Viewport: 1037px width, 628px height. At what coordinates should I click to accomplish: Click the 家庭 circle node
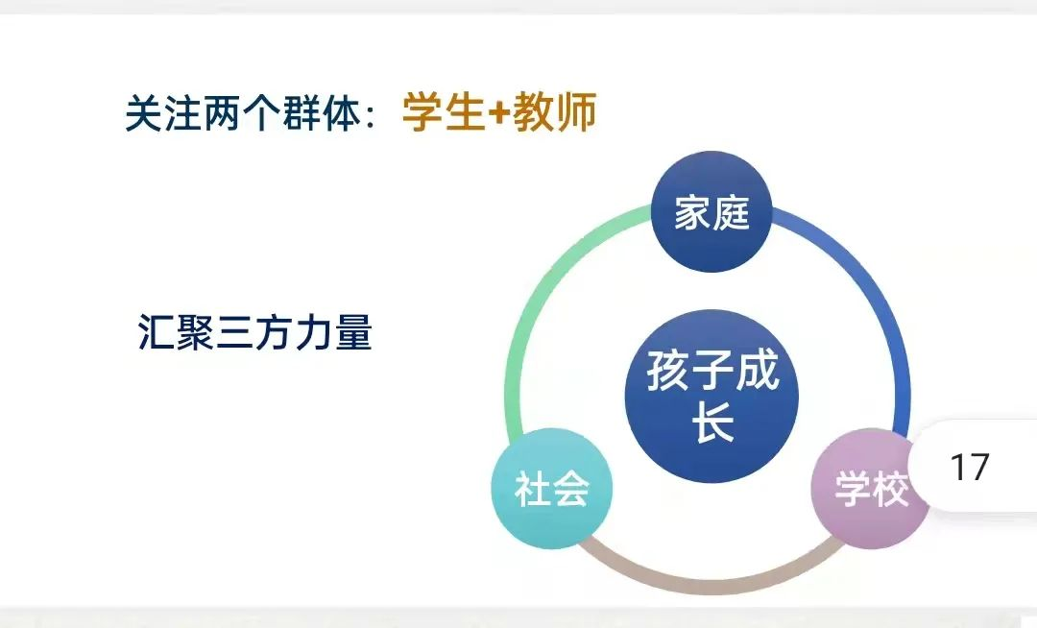coord(711,211)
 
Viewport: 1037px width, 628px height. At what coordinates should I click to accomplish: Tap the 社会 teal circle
coord(551,489)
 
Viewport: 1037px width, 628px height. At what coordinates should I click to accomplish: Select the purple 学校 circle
coord(871,489)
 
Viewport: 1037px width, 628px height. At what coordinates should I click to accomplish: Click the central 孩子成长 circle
coord(711,397)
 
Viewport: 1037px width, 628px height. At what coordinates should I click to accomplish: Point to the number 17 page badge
coord(970,467)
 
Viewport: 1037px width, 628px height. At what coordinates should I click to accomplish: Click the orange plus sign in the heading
coord(499,113)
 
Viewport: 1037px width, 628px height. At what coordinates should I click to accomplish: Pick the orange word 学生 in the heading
coord(445,111)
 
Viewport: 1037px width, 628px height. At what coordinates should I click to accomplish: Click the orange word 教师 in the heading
coord(554,111)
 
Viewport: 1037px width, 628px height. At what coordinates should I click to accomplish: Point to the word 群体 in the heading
coord(323,113)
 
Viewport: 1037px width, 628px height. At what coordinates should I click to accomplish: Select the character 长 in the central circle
coord(712,421)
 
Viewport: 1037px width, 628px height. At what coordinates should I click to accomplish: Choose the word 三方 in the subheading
coord(254,332)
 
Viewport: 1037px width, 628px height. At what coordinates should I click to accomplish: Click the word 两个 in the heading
coord(243,113)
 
